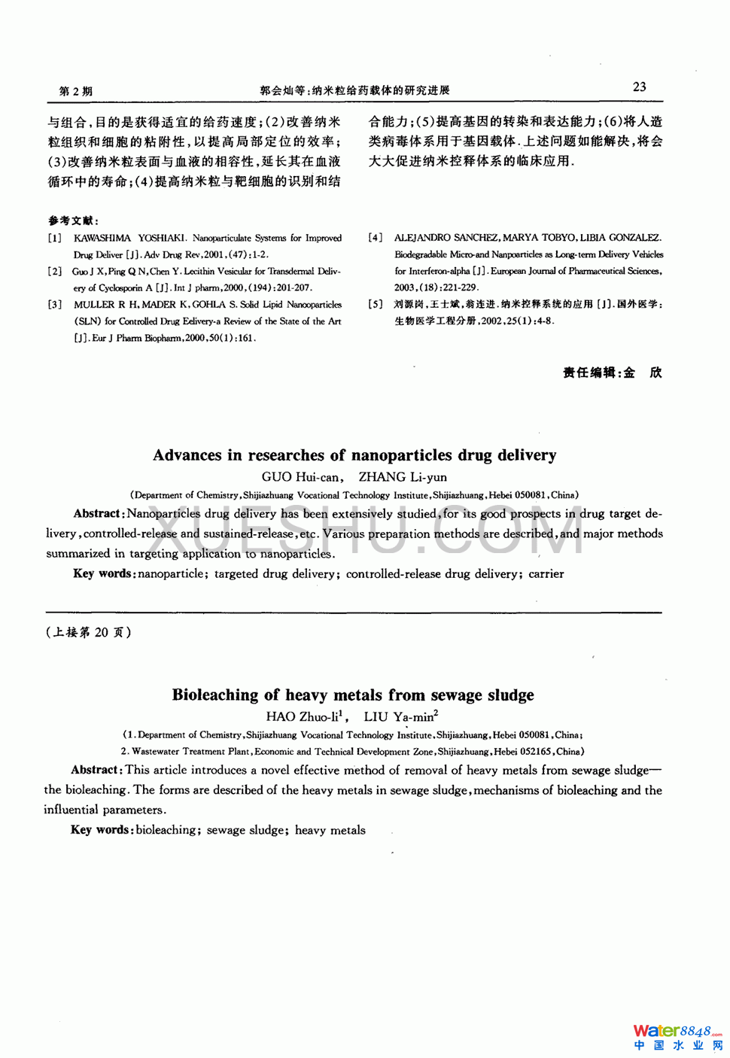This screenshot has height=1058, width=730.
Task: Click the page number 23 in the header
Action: point(639,87)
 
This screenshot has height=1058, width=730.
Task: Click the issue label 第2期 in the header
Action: point(75,91)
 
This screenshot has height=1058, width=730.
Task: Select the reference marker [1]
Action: point(55,238)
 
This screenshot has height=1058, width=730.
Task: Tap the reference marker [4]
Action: point(375,238)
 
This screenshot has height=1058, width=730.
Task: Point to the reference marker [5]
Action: point(375,304)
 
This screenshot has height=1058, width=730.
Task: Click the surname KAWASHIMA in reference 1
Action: point(102,238)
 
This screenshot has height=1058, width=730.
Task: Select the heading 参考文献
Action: point(72,220)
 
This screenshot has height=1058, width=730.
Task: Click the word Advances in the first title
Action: point(187,455)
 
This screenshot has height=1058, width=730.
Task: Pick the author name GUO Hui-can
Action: point(300,477)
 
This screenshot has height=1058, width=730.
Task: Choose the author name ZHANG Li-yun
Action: point(403,477)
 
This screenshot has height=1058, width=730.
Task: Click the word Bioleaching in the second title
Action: point(215,695)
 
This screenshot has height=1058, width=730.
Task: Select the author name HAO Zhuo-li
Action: point(303,717)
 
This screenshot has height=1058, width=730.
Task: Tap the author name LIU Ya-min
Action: point(399,717)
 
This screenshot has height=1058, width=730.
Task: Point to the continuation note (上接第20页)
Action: point(89,632)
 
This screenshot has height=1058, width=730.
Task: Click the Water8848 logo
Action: point(677,1036)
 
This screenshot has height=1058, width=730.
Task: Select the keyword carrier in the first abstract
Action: point(546,573)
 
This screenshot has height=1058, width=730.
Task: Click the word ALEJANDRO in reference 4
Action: point(422,238)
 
